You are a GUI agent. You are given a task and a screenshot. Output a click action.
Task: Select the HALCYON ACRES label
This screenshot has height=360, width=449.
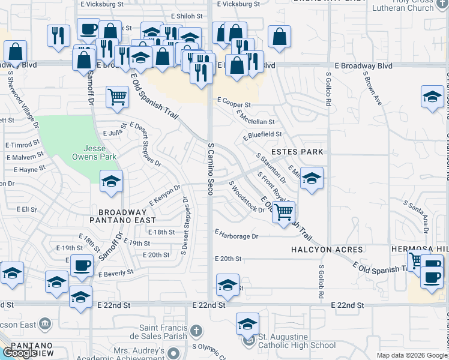click(327, 249)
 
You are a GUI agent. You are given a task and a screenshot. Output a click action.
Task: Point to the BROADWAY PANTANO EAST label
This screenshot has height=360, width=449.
click(122, 216)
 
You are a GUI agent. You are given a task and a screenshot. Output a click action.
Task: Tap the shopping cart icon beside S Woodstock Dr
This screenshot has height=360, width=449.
click(283, 212)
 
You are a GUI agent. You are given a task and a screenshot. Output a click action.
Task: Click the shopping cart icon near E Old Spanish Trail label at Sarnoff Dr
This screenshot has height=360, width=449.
click(117, 97)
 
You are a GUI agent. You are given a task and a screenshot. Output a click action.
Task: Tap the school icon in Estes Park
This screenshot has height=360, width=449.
click(312, 178)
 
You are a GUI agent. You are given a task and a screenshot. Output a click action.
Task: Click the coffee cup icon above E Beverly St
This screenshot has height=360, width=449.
click(82, 265)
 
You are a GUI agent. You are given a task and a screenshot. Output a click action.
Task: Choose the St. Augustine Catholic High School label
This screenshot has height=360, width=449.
click(297, 341)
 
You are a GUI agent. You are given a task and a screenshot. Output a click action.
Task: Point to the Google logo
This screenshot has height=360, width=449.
click(20, 353)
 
